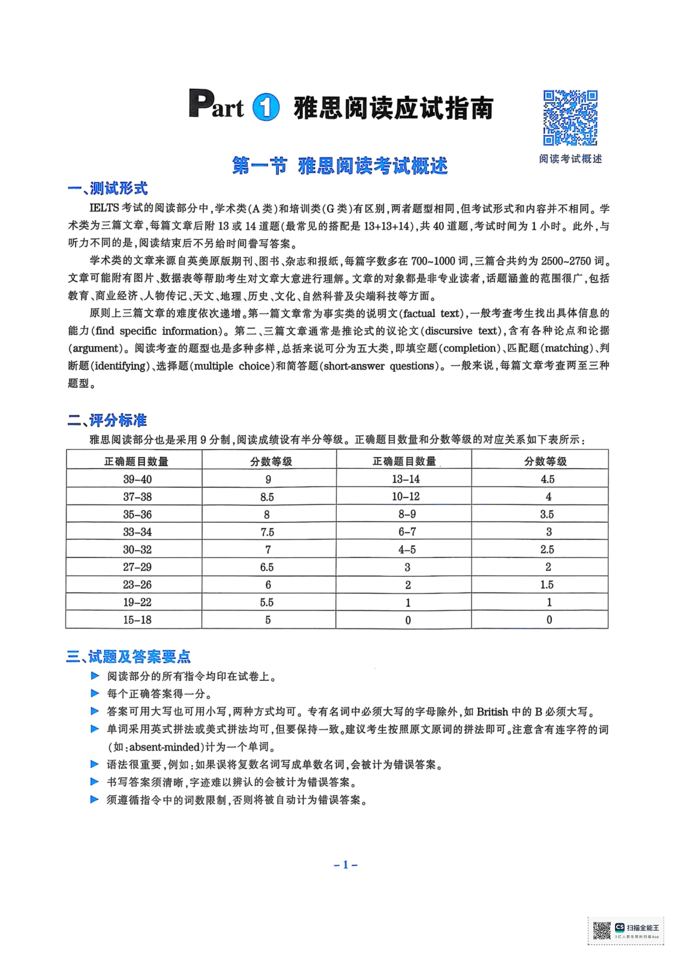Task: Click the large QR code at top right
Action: point(570,118)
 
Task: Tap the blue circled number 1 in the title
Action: point(266,107)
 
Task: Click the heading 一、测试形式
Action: point(108,189)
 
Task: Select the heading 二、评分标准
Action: point(107,420)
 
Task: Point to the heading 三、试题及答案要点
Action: point(129,656)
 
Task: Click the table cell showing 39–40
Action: point(137,479)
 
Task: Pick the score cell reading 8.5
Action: point(267,497)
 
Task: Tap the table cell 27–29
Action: point(137,567)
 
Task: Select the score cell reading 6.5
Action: point(267,567)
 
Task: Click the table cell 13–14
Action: point(406,479)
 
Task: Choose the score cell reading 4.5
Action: point(548,479)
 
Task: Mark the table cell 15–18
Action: point(137,620)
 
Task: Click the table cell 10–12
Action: point(406,497)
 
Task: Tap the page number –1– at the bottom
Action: point(345,864)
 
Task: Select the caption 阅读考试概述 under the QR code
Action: point(570,159)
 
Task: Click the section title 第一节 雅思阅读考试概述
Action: point(340,166)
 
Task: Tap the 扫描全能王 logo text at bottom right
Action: point(643,927)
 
